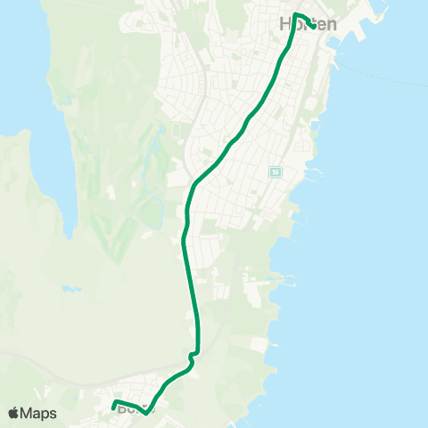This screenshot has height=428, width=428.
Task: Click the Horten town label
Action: tap(309, 25)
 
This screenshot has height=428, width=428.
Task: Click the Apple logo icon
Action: tap(13, 414)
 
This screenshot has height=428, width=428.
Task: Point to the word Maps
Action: tap(38, 414)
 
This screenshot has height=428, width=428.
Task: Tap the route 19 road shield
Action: tap(276, 171)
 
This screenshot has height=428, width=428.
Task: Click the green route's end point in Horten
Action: tap(311, 25)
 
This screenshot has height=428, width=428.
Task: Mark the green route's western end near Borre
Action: tap(114, 407)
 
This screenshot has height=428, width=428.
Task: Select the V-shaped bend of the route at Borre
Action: tap(146, 413)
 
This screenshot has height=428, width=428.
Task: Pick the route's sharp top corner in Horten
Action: tap(295, 14)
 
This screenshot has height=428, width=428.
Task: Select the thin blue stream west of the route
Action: tap(159, 178)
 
